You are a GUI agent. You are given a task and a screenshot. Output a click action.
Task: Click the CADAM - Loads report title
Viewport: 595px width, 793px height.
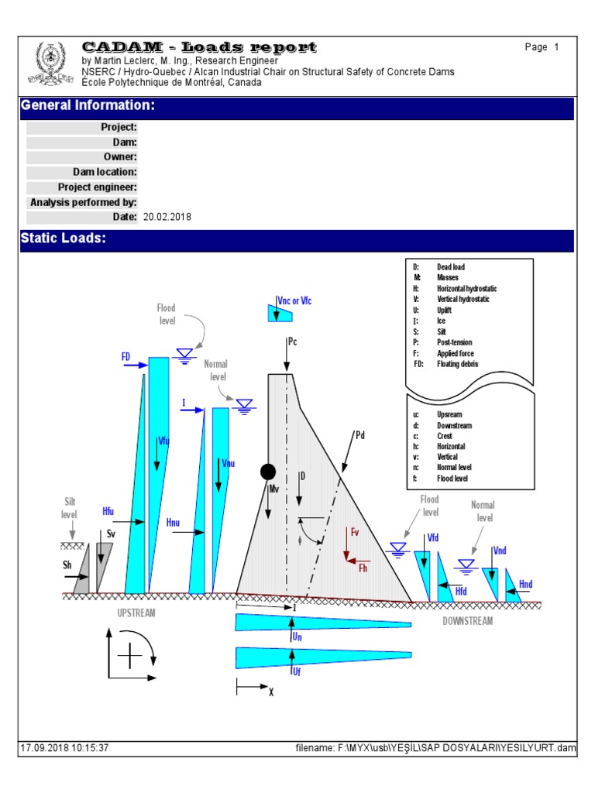(x=199, y=48)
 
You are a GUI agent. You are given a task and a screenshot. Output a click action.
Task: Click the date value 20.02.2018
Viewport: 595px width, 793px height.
(x=167, y=218)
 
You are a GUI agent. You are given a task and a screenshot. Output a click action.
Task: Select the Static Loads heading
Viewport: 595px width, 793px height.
(x=63, y=239)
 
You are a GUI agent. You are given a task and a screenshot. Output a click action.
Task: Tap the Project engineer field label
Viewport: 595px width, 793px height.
(x=98, y=187)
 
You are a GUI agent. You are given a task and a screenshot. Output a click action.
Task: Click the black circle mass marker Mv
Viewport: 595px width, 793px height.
(x=268, y=472)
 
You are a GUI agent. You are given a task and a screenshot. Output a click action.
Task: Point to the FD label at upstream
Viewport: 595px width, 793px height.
(x=126, y=356)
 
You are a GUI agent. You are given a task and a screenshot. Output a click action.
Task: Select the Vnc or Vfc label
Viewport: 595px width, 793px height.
(x=299, y=300)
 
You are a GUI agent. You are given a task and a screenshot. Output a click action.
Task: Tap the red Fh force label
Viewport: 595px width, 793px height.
(x=363, y=568)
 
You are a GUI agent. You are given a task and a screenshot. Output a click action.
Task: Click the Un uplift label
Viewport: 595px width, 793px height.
(x=297, y=637)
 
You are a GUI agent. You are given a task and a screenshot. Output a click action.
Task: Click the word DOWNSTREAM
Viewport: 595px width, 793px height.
(x=467, y=621)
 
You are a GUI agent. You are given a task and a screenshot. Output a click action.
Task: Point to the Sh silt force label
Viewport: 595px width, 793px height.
(x=67, y=565)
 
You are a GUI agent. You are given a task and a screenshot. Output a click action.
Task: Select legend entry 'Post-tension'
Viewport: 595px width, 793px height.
(x=454, y=342)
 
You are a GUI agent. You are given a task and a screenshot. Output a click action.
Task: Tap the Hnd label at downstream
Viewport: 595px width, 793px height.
(x=526, y=584)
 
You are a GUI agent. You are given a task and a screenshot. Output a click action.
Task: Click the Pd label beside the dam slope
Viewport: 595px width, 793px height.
(x=359, y=435)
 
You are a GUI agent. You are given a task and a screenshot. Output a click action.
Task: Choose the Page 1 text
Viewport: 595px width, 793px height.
(x=542, y=47)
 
